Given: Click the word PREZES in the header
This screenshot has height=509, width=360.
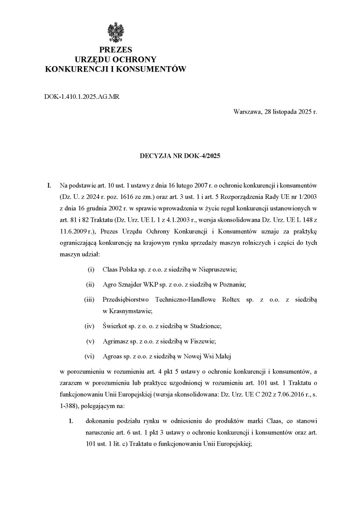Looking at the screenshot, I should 115,50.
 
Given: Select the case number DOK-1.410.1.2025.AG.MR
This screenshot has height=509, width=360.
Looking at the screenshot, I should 82,97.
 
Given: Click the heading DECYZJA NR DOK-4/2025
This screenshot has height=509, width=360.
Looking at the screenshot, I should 180,156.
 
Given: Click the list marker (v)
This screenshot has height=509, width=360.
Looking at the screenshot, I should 90,341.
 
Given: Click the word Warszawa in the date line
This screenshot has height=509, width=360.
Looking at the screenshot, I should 246,112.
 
